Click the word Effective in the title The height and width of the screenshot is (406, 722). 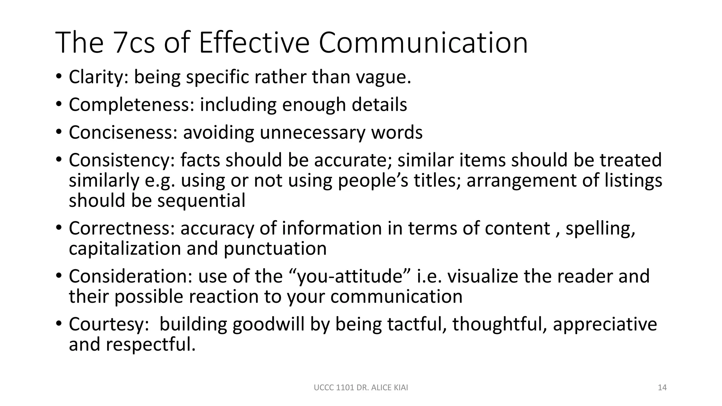tap(254, 43)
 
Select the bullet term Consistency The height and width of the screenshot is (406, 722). tap(122, 160)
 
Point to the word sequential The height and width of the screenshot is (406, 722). tap(201, 201)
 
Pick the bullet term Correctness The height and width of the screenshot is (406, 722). tap(122, 228)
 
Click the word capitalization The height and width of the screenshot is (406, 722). tap(125, 249)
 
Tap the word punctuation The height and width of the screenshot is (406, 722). tap(275, 249)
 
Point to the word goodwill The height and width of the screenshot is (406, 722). tap(268, 324)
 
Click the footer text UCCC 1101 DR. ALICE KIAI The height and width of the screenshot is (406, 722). tap(361, 388)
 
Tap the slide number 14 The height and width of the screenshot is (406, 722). tap(662, 388)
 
